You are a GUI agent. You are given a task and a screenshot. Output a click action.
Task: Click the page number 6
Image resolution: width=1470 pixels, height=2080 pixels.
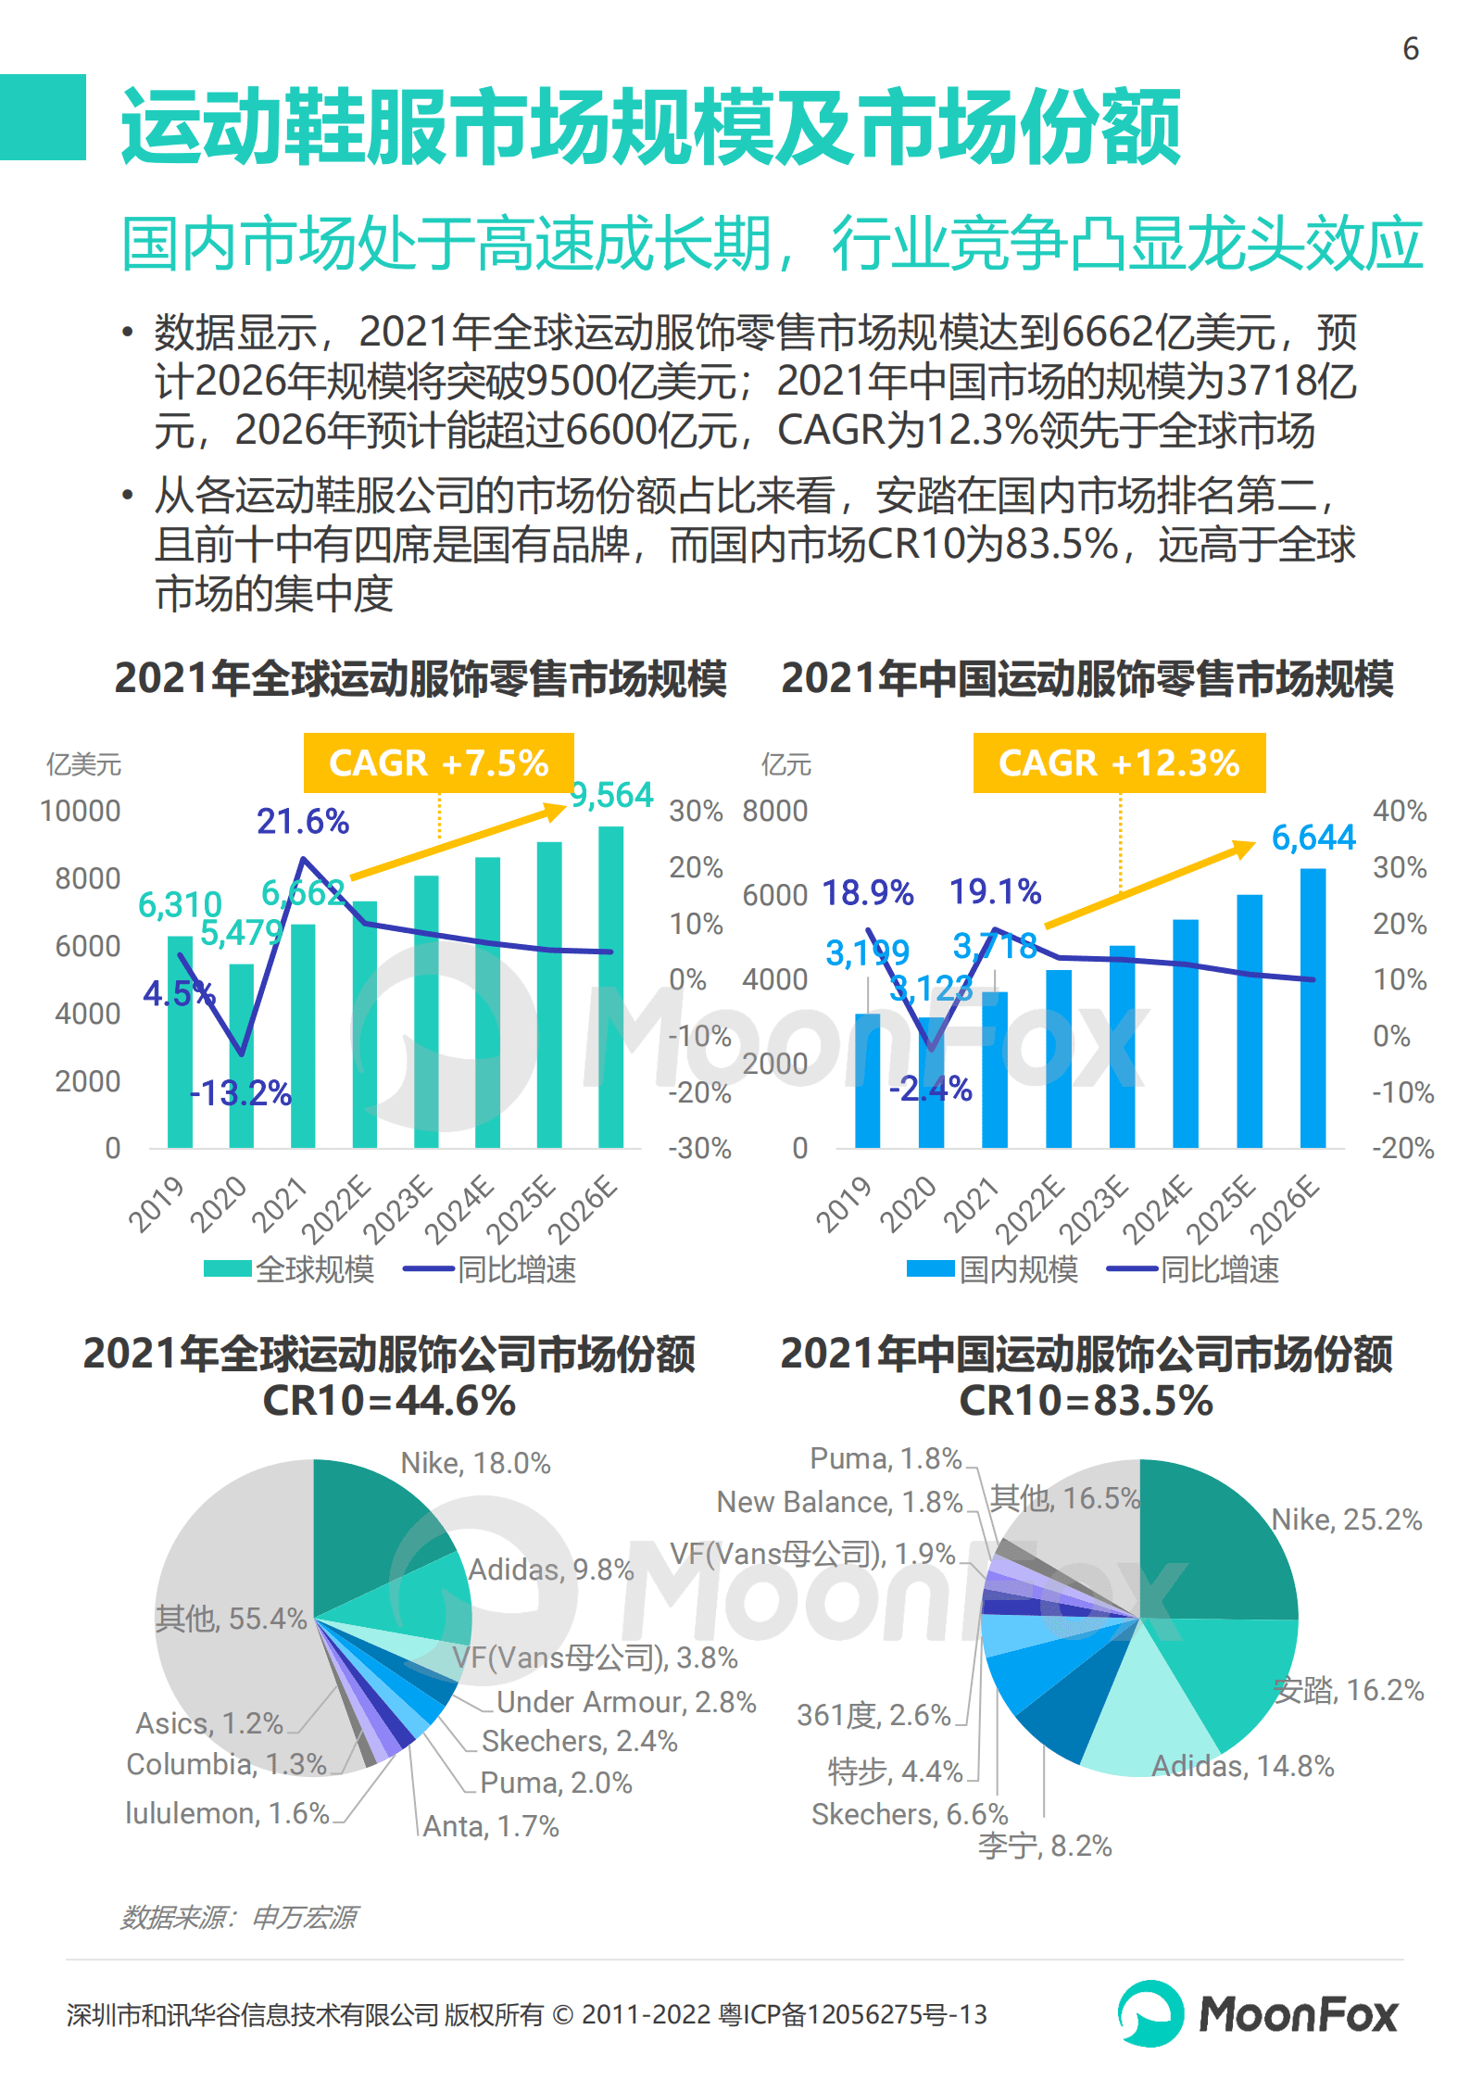tap(1410, 49)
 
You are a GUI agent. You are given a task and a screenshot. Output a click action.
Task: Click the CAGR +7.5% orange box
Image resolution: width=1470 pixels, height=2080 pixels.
tap(438, 763)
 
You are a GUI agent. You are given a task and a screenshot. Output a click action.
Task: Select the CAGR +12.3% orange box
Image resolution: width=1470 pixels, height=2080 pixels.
tap(1118, 763)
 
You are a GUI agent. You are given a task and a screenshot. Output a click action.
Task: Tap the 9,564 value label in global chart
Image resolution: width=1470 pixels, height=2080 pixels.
tap(611, 795)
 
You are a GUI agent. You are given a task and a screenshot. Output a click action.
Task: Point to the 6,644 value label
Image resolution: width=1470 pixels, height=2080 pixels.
tap(1313, 838)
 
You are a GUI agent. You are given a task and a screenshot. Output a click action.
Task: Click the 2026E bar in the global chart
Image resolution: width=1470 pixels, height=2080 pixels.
tap(610, 987)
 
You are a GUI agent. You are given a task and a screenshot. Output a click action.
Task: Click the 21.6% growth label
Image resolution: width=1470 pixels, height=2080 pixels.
tap(303, 822)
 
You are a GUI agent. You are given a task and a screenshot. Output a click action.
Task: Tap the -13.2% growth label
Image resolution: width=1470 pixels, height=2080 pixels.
tap(241, 1093)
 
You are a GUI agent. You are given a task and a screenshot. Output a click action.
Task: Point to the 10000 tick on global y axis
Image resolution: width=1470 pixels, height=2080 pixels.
tap(81, 811)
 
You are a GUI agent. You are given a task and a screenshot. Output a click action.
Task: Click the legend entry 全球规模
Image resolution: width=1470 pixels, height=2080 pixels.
tap(290, 1269)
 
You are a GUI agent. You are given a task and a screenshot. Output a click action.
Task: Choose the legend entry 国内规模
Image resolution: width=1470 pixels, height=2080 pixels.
tap(993, 1269)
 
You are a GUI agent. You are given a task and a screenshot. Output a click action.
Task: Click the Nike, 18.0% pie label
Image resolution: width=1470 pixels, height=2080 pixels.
tap(475, 1463)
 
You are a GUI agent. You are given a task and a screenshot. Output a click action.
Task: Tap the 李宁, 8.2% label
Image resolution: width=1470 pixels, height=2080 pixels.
tap(1045, 1846)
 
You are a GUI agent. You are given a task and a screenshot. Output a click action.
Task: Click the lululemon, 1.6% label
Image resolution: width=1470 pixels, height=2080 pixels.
tap(228, 1813)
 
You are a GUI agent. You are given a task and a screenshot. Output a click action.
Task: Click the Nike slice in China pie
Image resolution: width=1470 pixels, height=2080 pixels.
tap(1213, 1547)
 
